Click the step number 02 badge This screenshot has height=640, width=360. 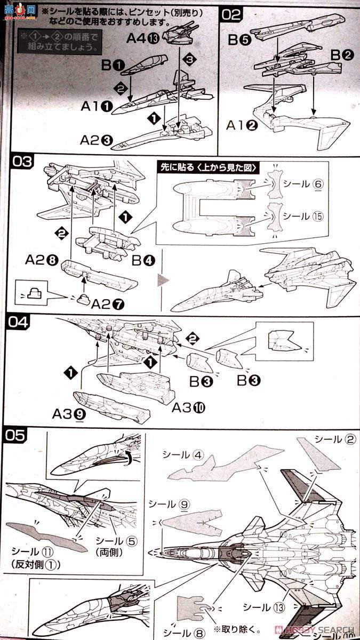click(x=232, y=14)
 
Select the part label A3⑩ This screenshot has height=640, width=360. click(x=189, y=408)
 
